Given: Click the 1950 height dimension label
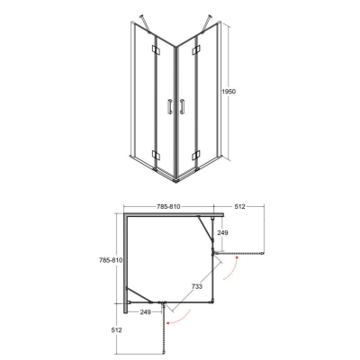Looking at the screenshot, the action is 229,92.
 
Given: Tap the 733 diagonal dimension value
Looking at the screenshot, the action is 197,286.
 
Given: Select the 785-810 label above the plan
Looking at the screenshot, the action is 168,207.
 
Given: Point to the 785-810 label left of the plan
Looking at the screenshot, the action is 111,260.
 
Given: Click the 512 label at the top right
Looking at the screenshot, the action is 239,207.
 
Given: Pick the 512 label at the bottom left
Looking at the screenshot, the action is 117,330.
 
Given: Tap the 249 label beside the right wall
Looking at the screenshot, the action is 222,232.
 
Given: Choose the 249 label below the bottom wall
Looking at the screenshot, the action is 146,312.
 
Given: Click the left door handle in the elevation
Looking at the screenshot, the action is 170,106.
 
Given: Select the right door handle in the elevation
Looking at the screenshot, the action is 182,106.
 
